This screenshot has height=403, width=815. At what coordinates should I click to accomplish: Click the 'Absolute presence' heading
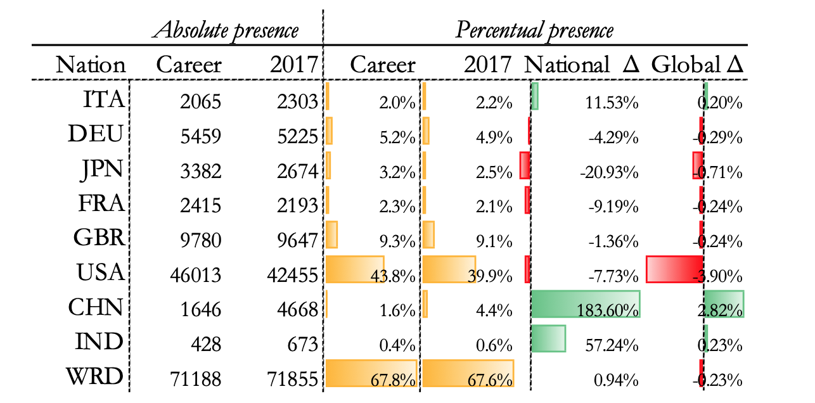click(227, 30)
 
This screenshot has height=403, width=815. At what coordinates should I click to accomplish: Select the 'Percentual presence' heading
click(534, 30)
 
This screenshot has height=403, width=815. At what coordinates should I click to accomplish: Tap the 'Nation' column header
click(91, 65)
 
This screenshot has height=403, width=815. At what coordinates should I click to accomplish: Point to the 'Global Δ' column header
click(697, 65)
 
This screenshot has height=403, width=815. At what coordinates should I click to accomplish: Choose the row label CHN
click(95, 307)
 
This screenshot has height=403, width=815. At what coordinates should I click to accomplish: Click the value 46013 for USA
click(196, 275)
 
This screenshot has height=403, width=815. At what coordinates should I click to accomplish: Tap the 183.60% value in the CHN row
click(608, 310)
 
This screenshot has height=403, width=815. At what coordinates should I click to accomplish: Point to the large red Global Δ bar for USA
click(674, 269)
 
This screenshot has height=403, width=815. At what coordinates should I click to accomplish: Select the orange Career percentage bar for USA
click(354, 269)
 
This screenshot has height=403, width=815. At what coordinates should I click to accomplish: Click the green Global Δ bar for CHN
click(724, 304)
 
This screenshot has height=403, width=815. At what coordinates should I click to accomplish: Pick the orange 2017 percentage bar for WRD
click(468, 373)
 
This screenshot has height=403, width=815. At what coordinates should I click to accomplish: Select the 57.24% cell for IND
click(612, 345)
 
